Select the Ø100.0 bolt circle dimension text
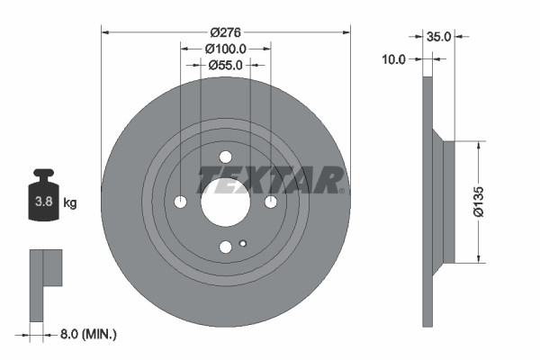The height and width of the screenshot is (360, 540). coord(225,48)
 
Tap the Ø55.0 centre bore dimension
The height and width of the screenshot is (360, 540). coord(225,65)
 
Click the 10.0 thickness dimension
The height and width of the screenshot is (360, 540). coord(395,58)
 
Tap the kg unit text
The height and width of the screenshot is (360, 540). coord(70,203)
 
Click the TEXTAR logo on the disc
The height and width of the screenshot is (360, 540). coord(270,178)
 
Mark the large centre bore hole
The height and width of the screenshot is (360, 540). coord(225,200)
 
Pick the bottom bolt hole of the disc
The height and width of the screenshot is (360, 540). coord(225,246)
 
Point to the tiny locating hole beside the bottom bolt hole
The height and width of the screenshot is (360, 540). coord(243,243)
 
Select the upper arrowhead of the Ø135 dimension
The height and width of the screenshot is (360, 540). coord(478,145)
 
